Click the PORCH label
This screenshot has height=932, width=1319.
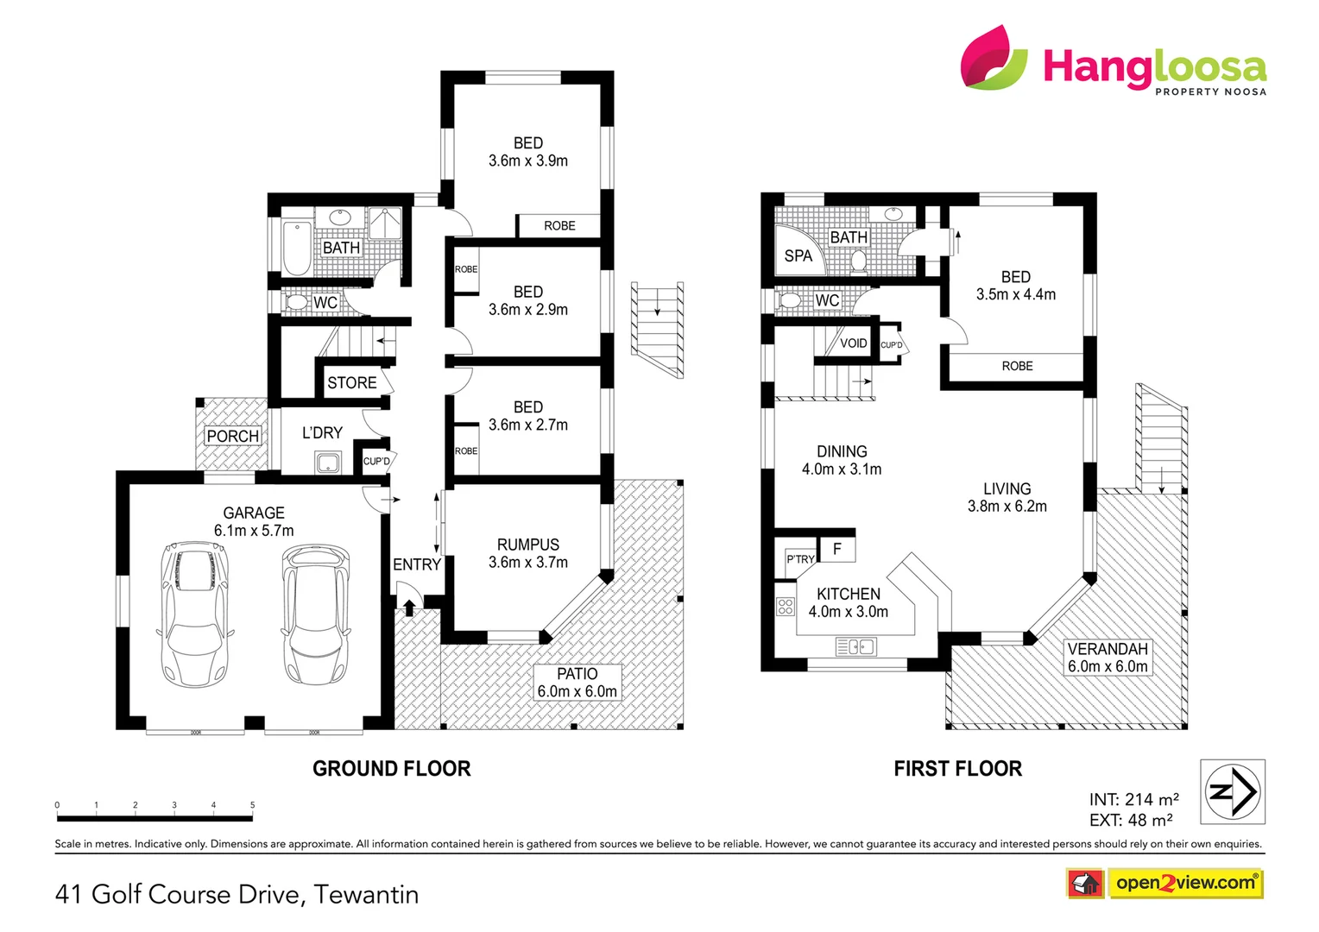click(x=233, y=436)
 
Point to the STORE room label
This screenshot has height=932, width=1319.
click(x=351, y=382)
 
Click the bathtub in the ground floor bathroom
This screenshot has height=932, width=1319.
click(x=297, y=247)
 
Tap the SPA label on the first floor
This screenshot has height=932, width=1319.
click(x=798, y=255)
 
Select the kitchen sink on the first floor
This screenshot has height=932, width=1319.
click(x=855, y=646)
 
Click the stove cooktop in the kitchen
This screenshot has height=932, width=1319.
click(x=785, y=606)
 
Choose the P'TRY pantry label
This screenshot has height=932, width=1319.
click(x=799, y=559)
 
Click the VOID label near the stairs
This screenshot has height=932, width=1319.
click(x=853, y=343)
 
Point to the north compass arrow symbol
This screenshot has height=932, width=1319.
click(x=1233, y=791)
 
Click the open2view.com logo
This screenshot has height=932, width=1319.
click(x=1184, y=883)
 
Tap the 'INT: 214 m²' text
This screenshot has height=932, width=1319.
click(x=1133, y=799)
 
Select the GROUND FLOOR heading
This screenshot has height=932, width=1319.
click(x=391, y=768)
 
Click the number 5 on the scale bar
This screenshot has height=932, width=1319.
click(x=252, y=805)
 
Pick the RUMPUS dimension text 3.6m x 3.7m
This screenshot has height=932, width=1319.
click(x=527, y=563)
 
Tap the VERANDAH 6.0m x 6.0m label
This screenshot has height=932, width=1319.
click(x=1108, y=658)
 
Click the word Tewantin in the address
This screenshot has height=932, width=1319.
click(x=366, y=894)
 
